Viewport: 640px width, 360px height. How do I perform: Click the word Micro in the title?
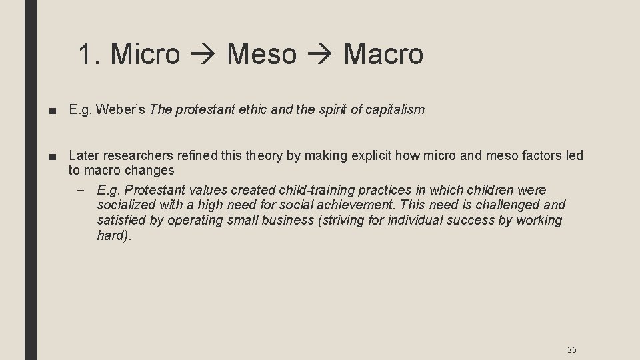coord(145,54)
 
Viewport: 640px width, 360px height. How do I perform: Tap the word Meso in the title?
coord(261,54)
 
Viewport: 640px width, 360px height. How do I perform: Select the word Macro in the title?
coord(383,54)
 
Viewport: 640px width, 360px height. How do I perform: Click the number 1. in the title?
coord(90,54)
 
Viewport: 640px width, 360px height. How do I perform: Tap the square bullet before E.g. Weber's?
coord(52,110)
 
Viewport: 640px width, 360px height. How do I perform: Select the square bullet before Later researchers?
coord(52,157)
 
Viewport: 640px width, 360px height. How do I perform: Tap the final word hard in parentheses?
coord(110,236)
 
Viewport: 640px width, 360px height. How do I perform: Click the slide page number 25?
coord(571,349)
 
